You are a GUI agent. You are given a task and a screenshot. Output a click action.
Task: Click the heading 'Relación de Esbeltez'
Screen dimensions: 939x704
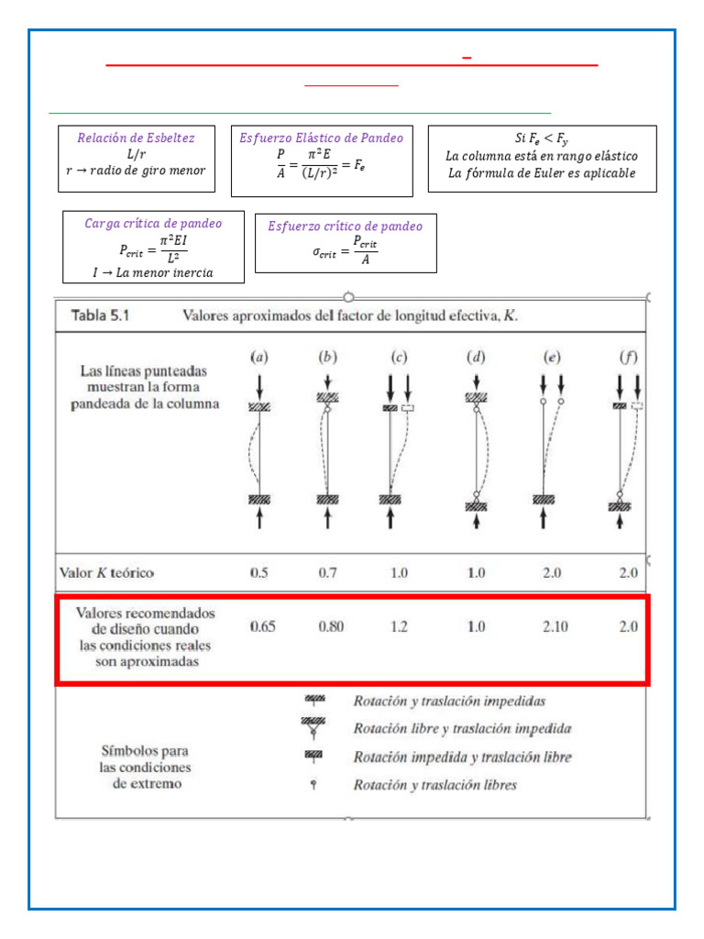pyautogui.click(x=136, y=138)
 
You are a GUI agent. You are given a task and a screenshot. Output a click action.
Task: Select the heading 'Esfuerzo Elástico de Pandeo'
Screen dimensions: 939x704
pyautogui.click(x=321, y=138)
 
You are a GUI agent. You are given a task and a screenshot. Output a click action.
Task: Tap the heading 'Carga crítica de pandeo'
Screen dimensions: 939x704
pyautogui.click(x=153, y=223)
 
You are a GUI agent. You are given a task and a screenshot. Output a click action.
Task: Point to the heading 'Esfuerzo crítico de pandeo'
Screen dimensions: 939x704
pyautogui.click(x=345, y=226)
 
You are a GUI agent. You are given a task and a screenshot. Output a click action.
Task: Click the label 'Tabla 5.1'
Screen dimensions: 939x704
pyautogui.click(x=101, y=315)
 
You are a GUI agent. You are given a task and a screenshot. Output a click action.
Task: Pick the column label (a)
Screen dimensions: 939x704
pyautogui.click(x=259, y=357)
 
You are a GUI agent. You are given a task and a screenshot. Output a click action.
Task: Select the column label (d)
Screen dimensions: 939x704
pyautogui.click(x=475, y=357)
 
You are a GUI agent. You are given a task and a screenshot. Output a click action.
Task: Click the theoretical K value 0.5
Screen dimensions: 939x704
pyautogui.click(x=259, y=573)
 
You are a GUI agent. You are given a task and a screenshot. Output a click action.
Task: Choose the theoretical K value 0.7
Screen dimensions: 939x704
pyautogui.click(x=328, y=573)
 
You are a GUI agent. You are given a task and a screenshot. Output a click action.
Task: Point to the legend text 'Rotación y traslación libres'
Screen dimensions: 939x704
pyautogui.click(x=434, y=785)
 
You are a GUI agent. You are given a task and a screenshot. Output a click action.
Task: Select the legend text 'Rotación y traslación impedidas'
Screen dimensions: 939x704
pyautogui.click(x=449, y=701)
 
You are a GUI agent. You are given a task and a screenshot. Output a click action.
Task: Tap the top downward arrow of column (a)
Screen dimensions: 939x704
pyautogui.click(x=259, y=382)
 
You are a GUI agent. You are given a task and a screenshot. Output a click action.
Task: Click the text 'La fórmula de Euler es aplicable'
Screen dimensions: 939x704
pyautogui.click(x=542, y=173)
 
